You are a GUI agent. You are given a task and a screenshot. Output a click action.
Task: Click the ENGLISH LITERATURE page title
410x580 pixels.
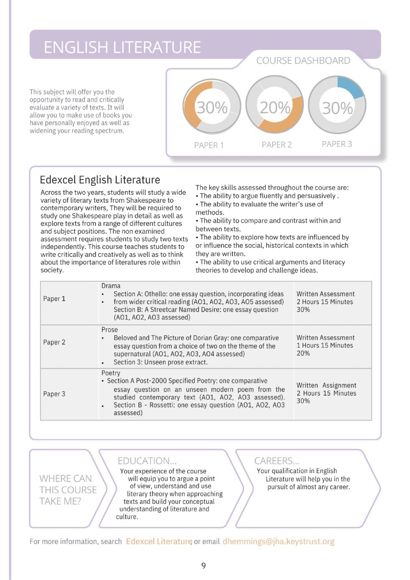pyautogui.click(x=122, y=47)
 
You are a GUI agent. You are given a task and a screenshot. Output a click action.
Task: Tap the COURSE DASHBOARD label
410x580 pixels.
pyautogui.click(x=303, y=61)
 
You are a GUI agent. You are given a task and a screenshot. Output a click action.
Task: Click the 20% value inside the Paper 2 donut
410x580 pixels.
pyautogui.click(x=275, y=108)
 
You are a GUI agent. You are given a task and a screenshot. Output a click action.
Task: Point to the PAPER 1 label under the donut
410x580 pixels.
pyautogui.click(x=209, y=145)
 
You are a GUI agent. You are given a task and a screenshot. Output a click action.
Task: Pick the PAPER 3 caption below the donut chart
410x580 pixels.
pyautogui.click(x=337, y=144)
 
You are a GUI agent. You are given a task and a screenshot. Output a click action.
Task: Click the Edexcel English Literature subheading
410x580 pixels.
pyautogui.click(x=100, y=180)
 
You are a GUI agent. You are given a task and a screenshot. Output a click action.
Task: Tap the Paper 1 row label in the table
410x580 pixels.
pyautogui.click(x=54, y=299)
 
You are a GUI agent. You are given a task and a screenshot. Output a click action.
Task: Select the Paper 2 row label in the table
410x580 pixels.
pyautogui.click(x=54, y=342)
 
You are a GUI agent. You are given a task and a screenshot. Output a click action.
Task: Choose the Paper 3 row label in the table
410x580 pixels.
pyautogui.click(x=54, y=394)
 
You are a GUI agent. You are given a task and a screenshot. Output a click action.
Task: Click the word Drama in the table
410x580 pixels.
pyautogui.click(x=111, y=286)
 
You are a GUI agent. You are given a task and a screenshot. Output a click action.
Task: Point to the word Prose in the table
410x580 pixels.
pyautogui.click(x=110, y=330)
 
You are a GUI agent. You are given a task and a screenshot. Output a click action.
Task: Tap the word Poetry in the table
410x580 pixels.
pyautogui.click(x=111, y=373)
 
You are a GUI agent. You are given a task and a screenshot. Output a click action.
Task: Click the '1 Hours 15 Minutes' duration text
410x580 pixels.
pyautogui.click(x=325, y=346)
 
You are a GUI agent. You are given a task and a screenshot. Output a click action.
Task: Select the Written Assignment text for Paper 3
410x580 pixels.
pyautogui.click(x=326, y=385)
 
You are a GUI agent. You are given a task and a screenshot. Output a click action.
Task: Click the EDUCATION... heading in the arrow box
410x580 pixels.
pyautogui.click(x=147, y=461)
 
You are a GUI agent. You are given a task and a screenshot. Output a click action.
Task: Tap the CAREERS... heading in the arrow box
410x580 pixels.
pyautogui.click(x=277, y=461)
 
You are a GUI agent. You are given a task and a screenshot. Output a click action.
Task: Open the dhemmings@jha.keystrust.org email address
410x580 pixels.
pyautogui.click(x=278, y=542)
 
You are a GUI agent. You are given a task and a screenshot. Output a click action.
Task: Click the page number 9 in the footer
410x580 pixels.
pyautogui.click(x=204, y=566)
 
